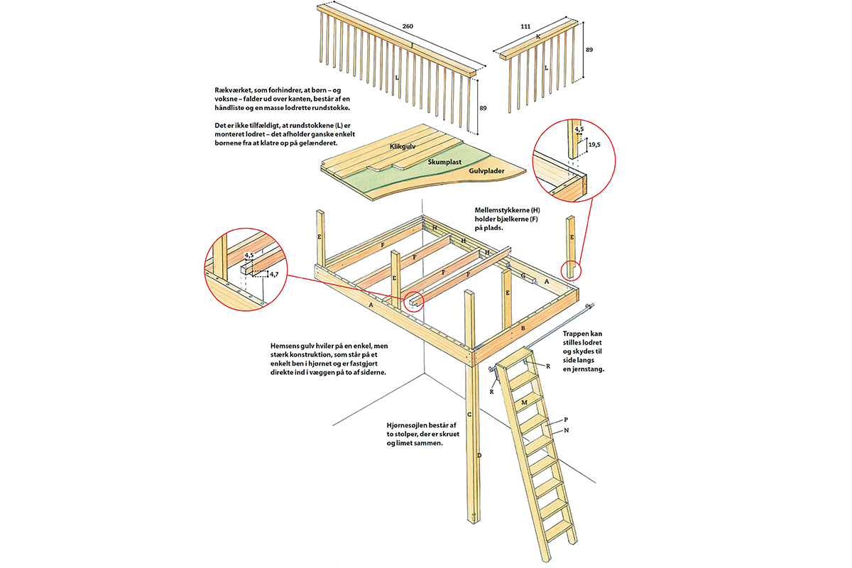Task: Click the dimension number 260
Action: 408,26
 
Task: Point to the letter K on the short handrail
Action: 538,36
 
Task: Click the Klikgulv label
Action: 401,146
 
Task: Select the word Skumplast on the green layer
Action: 444,162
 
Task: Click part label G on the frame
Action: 523,275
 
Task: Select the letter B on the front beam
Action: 523,328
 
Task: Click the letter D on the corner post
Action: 479,454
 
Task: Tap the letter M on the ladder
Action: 524,403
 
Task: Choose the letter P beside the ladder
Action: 567,420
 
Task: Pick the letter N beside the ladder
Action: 567,431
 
